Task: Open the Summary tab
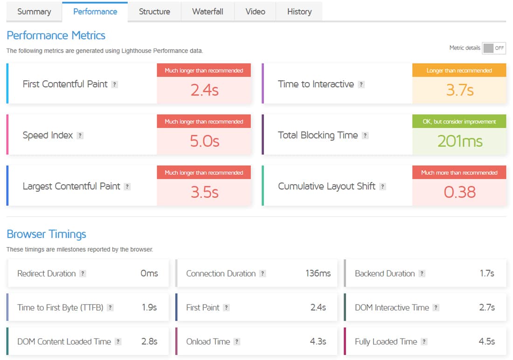tap(34, 12)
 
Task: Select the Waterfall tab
tap(208, 12)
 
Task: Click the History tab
tap(299, 12)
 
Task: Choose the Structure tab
tap(154, 12)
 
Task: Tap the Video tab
tap(255, 12)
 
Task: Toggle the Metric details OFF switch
tap(494, 48)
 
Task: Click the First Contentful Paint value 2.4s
tap(204, 90)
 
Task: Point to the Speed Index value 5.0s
tap(204, 141)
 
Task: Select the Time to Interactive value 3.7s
tap(459, 90)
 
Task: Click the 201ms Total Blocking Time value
tap(459, 141)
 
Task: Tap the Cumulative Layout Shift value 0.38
tap(459, 192)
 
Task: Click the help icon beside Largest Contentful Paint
tap(127, 187)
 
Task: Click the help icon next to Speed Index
tap(80, 136)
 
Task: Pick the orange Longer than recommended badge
tap(459, 70)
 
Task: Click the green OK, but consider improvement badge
tap(459, 121)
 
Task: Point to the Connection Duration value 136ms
tap(318, 273)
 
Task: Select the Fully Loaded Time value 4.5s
tap(486, 341)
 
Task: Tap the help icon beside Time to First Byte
tap(110, 308)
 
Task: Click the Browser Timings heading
tap(46, 234)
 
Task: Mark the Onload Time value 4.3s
tap(318, 341)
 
